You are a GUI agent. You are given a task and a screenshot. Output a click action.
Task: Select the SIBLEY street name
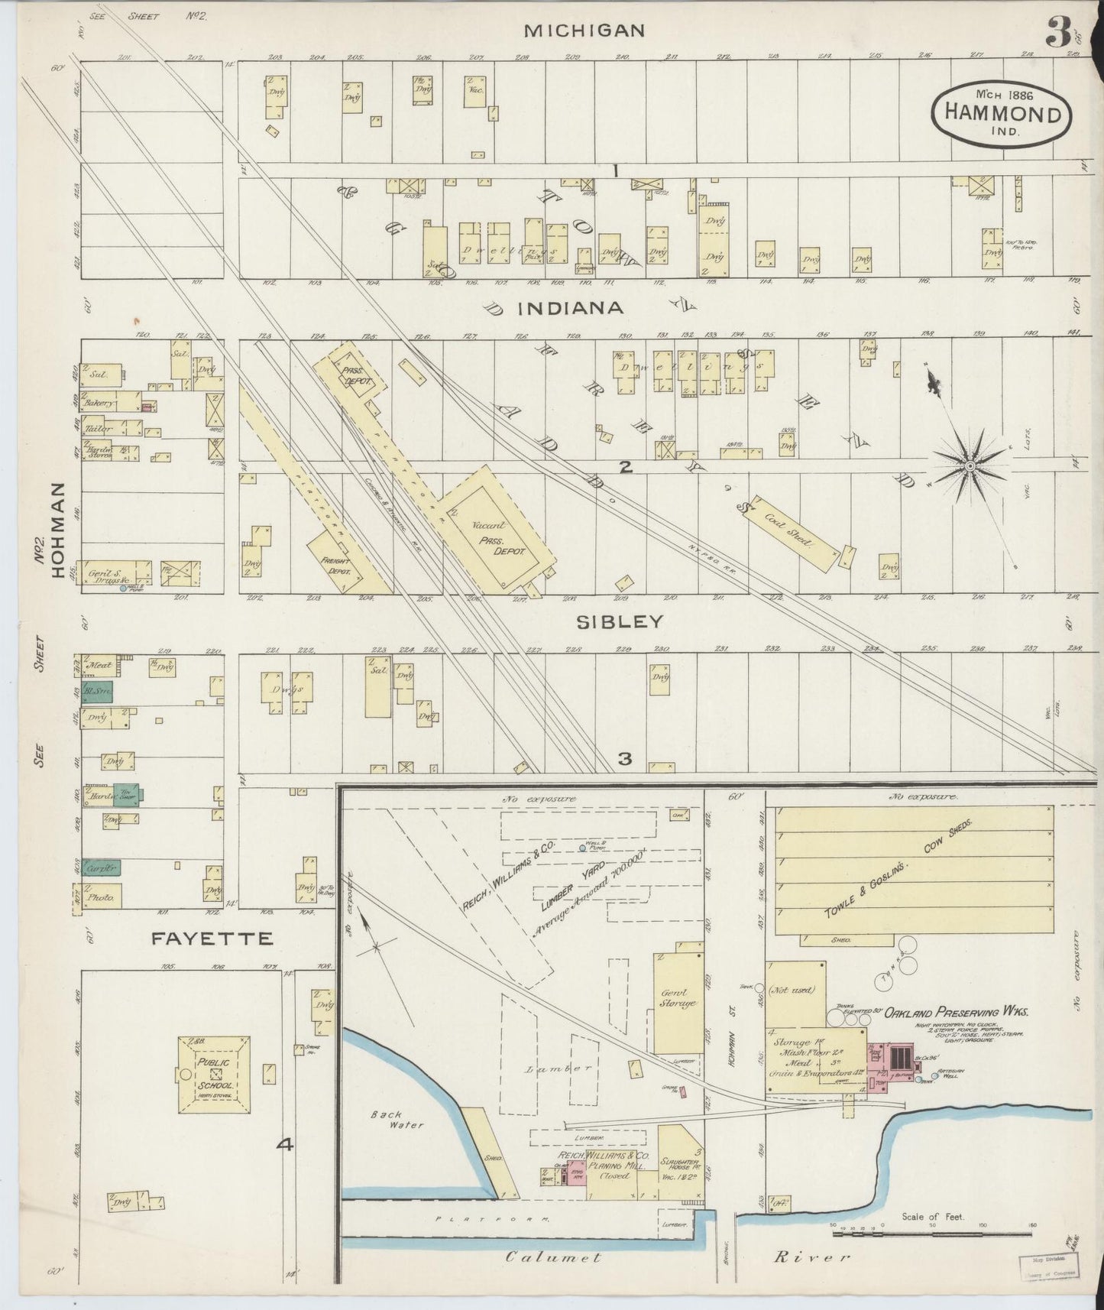pyautogui.click(x=619, y=622)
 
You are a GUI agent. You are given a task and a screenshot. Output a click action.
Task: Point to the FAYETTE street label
pyautogui.click(x=212, y=939)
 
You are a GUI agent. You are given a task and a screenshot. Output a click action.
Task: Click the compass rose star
pyautogui.click(x=969, y=465)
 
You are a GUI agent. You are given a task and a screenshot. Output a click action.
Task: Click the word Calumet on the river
pyautogui.click(x=554, y=1256)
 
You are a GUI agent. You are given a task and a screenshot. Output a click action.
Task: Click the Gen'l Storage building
pyautogui.click(x=678, y=998)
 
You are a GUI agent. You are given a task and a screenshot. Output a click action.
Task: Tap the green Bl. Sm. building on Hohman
pyautogui.click(x=98, y=691)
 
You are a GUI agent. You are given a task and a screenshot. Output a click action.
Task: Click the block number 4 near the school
pyautogui.click(x=285, y=1144)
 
